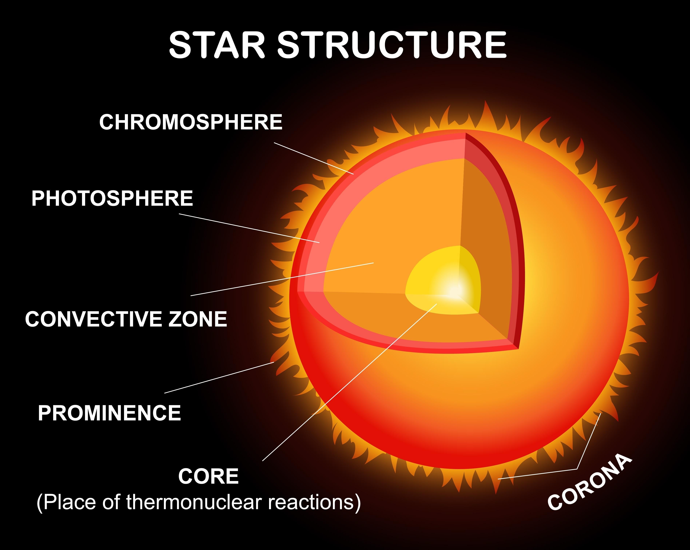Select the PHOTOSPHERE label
[112, 198]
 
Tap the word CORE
[208, 476]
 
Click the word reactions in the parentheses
[311, 502]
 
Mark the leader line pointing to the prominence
[219, 378]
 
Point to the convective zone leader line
[282, 279]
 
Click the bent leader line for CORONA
[588, 442]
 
